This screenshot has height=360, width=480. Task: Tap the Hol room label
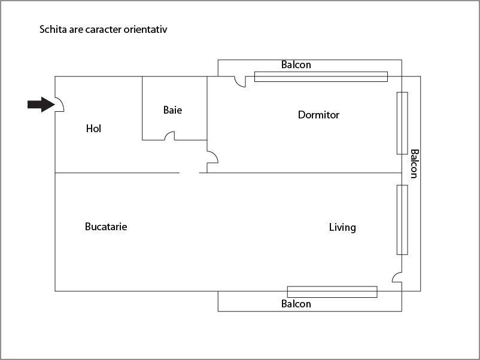click(x=93, y=129)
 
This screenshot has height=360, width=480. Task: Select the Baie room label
click(x=172, y=110)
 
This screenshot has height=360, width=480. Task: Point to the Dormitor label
click(x=318, y=115)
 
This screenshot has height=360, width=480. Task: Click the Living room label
click(x=342, y=227)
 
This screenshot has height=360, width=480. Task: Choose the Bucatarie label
click(x=106, y=227)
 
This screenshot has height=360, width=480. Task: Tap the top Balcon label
click(x=296, y=65)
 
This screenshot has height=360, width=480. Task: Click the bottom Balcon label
click(x=296, y=304)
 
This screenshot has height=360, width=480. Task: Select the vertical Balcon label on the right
click(x=414, y=164)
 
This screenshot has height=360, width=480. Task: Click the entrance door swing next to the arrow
click(x=60, y=105)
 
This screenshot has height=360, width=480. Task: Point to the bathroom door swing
click(x=169, y=136)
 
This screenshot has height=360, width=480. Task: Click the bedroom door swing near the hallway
click(x=212, y=157)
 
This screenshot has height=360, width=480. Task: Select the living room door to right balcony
click(x=396, y=276)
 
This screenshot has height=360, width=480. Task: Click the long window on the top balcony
click(x=321, y=77)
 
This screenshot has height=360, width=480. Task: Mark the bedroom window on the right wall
click(x=402, y=123)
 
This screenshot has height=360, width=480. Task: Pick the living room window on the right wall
click(x=402, y=219)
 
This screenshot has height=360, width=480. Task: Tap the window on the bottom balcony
click(x=332, y=292)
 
